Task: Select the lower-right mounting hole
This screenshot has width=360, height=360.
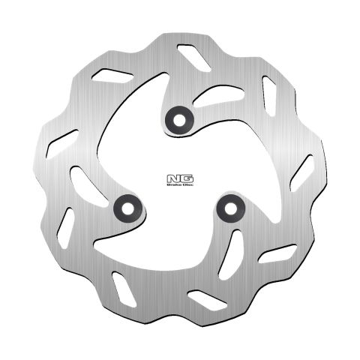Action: pyautogui.click(x=229, y=206)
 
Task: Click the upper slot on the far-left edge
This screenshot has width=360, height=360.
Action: pyautogui.click(x=62, y=142)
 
